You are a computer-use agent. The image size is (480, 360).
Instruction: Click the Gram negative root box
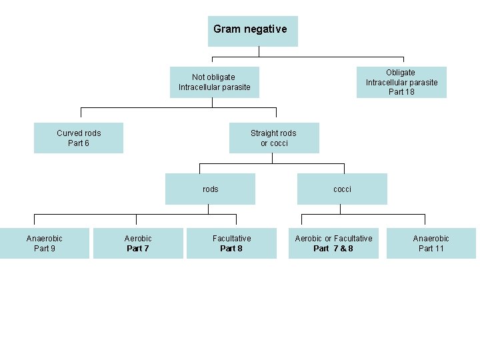click(253, 31)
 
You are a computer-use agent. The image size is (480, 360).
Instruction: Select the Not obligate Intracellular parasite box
click(214, 82)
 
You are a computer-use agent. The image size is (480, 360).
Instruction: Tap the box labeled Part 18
click(401, 82)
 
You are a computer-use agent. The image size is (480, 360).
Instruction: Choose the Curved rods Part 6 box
click(79, 138)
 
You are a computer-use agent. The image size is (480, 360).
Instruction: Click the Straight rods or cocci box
click(273, 138)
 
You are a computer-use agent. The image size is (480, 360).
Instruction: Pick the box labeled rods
click(210, 189)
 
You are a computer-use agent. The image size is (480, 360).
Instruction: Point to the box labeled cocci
click(342, 189)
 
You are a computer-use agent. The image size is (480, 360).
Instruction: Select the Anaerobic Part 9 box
click(45, 243)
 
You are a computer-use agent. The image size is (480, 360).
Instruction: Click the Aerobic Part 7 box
click(138, 243)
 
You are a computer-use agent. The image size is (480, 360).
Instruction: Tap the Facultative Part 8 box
click(231, 243)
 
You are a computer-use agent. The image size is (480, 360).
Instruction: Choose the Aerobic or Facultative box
click(333, 243)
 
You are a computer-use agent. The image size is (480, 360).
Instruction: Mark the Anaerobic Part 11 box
click(431, 243)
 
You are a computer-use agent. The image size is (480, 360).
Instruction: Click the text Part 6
click(79, 143)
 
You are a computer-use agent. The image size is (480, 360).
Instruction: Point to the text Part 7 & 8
click(333, 249)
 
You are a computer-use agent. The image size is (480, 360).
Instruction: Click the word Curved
click(69, 133)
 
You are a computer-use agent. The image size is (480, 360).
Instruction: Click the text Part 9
click(45, 249)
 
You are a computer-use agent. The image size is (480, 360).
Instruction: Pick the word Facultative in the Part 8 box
click(231, 239)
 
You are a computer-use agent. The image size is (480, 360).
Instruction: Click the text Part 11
click(431, 249)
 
